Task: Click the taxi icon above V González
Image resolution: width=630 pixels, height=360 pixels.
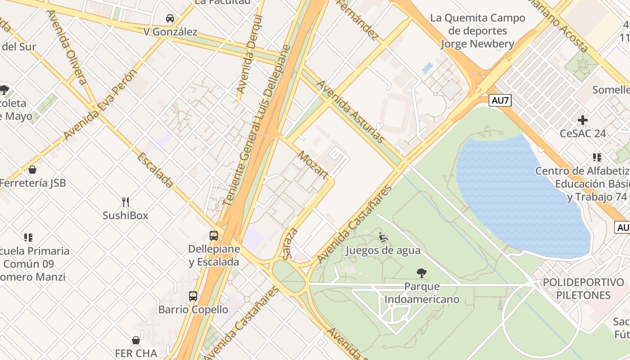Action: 170,18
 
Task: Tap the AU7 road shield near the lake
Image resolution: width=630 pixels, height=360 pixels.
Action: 500,100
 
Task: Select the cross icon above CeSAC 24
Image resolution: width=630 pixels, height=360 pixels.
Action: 583,120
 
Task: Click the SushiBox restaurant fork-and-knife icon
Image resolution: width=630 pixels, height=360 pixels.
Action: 126,202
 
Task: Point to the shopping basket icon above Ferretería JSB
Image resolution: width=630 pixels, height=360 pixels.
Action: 32,170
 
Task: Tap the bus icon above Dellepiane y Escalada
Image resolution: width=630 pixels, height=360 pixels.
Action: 214,235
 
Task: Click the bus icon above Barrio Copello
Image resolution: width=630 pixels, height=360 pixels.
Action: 193,296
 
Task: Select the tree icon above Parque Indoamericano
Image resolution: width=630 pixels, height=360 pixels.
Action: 422,273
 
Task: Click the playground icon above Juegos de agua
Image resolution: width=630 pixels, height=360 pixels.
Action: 383,237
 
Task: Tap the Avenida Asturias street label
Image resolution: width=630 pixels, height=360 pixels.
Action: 351,112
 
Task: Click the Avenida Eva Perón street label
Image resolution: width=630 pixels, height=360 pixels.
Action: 99,105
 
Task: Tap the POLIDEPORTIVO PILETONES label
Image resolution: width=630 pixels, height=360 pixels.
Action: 583,289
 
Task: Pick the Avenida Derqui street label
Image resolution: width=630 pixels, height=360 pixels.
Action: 249,54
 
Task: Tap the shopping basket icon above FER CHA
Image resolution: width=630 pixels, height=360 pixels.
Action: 136,340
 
